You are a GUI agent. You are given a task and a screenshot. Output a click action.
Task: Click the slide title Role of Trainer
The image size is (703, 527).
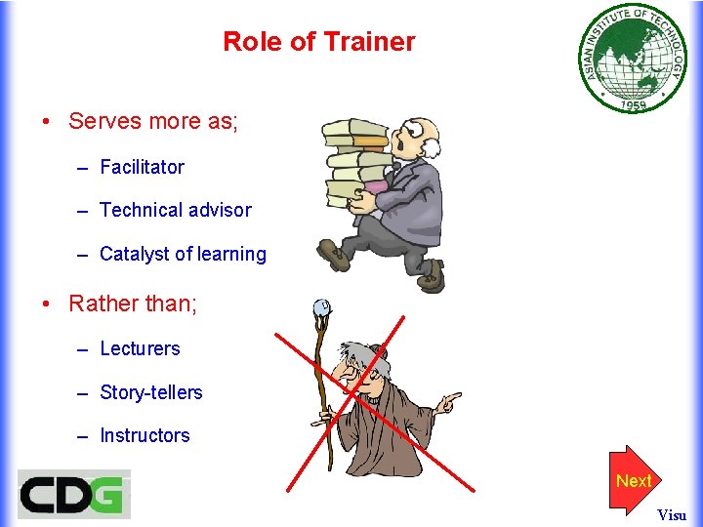pyautogui.click(x=318, y=42)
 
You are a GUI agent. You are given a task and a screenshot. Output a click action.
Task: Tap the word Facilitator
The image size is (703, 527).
pyautogui.click(x=142, y=167)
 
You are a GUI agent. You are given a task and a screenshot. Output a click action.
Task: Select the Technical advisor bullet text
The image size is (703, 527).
pyautogui.click(x=175, y=210)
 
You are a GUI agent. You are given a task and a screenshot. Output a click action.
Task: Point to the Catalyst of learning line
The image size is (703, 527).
pyautogui.click(x=183, y=254)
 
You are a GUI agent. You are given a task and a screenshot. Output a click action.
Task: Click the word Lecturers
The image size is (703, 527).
pyautogui.click(x=140, y=348)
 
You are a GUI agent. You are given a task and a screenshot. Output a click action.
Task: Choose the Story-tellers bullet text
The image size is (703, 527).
pyautogui.click(x=151, y=392)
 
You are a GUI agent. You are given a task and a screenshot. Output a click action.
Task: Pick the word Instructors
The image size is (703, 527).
pyautogui.click(x=145, y=435)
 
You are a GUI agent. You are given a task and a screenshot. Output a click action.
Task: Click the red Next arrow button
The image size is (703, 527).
pyautogui.click(x=633, y=480)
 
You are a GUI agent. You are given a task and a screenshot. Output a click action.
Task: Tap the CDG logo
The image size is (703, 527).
pyautogui.click(x=73, y=494)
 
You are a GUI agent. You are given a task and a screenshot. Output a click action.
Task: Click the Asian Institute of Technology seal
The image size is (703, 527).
pyautogui.click(x=634, y=59)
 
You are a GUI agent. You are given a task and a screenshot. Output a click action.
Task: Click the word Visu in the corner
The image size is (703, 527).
pyautogui.click(x=672, y=514)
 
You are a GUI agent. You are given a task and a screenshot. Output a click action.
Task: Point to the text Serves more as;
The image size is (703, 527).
pyautogui.click(x=153, y=121)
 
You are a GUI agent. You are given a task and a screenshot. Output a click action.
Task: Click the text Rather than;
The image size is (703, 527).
pyautogui.click(x=133, y=304)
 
